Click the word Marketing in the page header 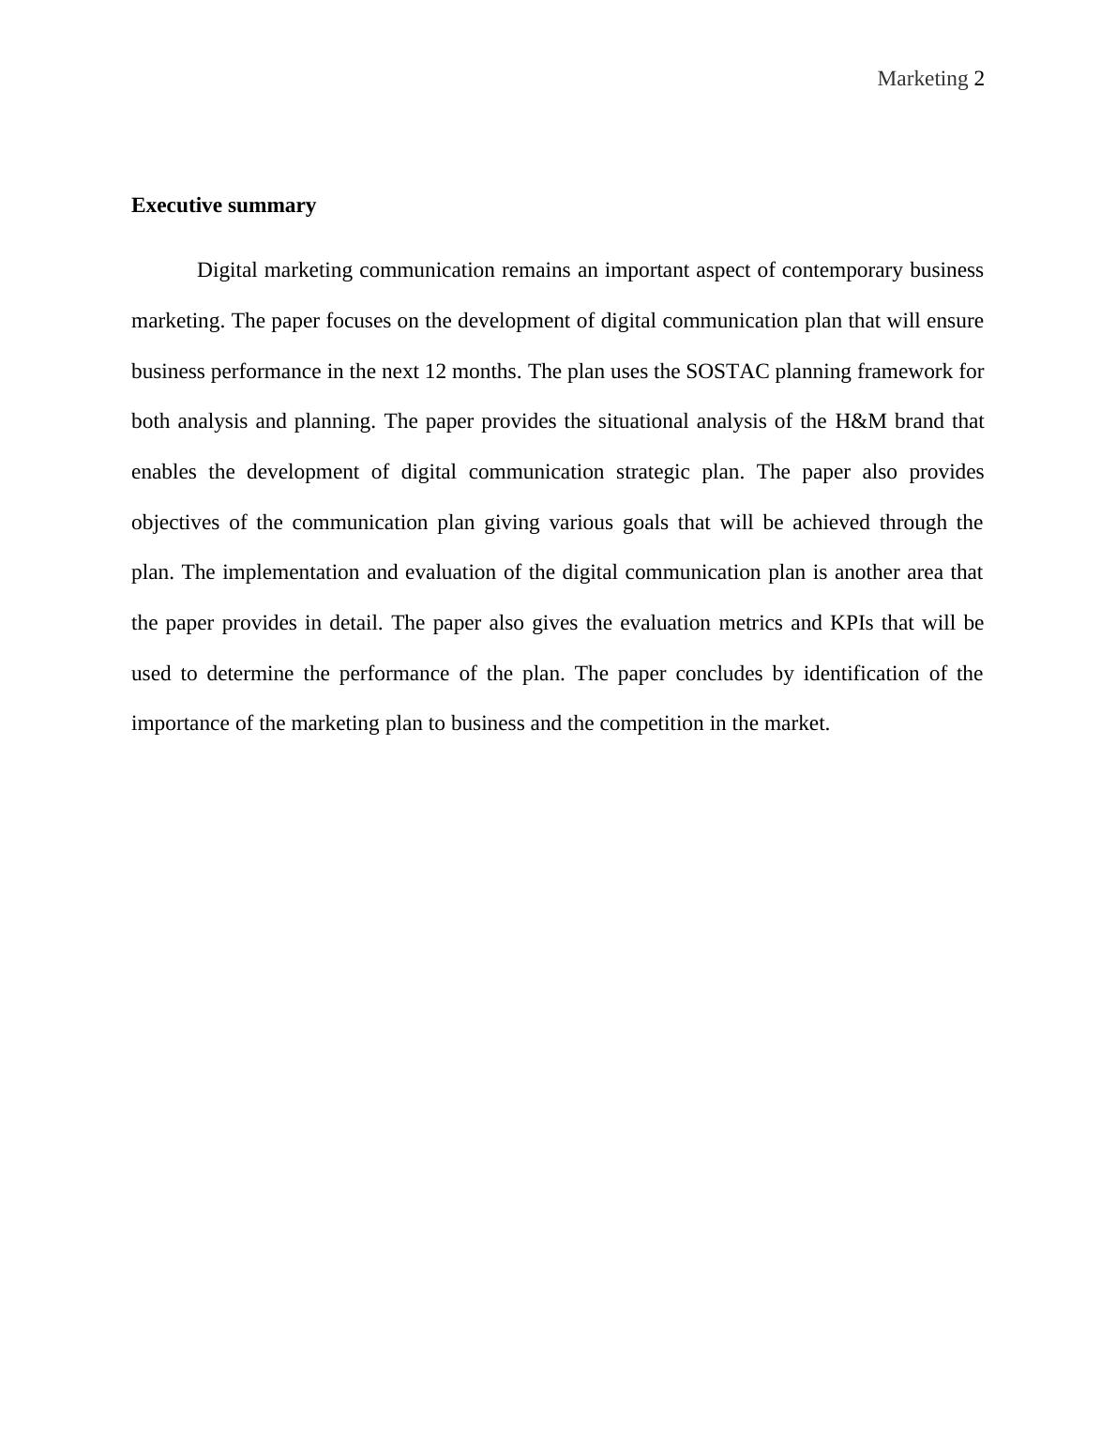click(922, 79)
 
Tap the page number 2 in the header click(979, 79)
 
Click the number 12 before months click(435, 372)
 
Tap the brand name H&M click(860, 421)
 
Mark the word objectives click(175, 523)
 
